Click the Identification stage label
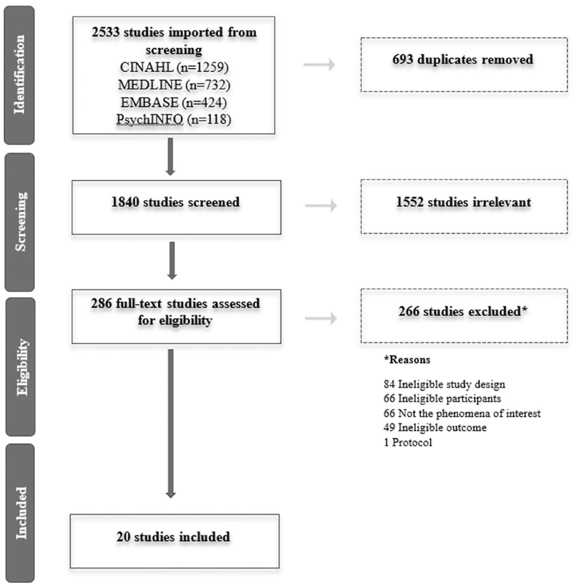click(x=19, y=74)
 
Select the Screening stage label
click(x=21, y=222)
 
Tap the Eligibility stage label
click(x=22, y=367)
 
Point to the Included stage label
click(x=21, y=512)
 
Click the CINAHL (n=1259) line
click(x=174, y=67)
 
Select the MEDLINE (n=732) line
click(x=174, y=85)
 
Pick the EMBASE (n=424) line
click(x=174, y=102)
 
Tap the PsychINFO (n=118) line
click(x=174, y=119)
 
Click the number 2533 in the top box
click(x=106, y=32)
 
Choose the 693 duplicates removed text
click(x=463, y=59)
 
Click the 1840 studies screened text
click(x=176, y=202)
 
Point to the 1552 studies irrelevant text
click(x=463, y=202)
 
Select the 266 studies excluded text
click(x=463, y=311)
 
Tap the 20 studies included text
click(x=173, y=537)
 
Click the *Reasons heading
click(x=407, y=360)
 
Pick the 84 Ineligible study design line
click(x=444, y=384)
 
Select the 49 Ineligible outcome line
click(x=435, y=427)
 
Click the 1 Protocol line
click(x=408, y=442)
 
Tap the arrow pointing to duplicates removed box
click(x=319, y=65)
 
